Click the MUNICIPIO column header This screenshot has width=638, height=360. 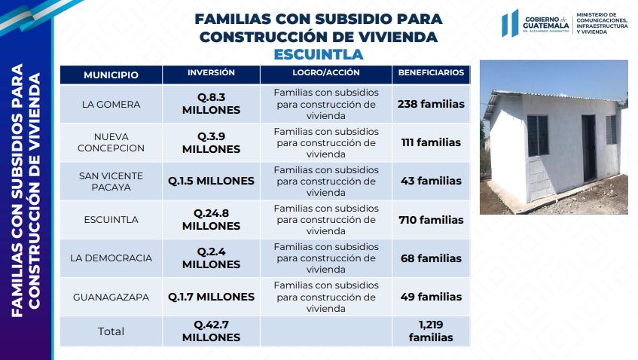tap(111, 75)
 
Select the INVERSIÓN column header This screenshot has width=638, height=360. tap(211, 73)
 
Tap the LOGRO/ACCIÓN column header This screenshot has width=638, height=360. tap(326, 73)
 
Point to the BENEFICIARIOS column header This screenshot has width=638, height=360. tap(431, 73)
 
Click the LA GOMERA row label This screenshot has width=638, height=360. tap(111, 104)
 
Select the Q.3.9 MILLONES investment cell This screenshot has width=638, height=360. tap(211, 142)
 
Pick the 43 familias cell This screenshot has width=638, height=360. tap(431, 181)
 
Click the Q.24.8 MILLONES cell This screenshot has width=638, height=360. tap(211, 220)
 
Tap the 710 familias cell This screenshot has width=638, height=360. tap(431, 220)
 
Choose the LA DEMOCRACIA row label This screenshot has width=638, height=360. tap(111, 258)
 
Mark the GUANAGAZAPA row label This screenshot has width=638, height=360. tap(111, 297)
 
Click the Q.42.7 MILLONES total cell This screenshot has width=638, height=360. tap(211, 331)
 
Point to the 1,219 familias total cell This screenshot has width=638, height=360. tap(431, 331)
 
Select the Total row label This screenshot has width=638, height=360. tap(111, 331)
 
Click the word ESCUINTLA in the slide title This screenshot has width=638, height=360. tap(319, 54)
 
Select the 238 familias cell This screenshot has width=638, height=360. tap(431, 104)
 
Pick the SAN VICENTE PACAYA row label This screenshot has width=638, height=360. tap(111, 181)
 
